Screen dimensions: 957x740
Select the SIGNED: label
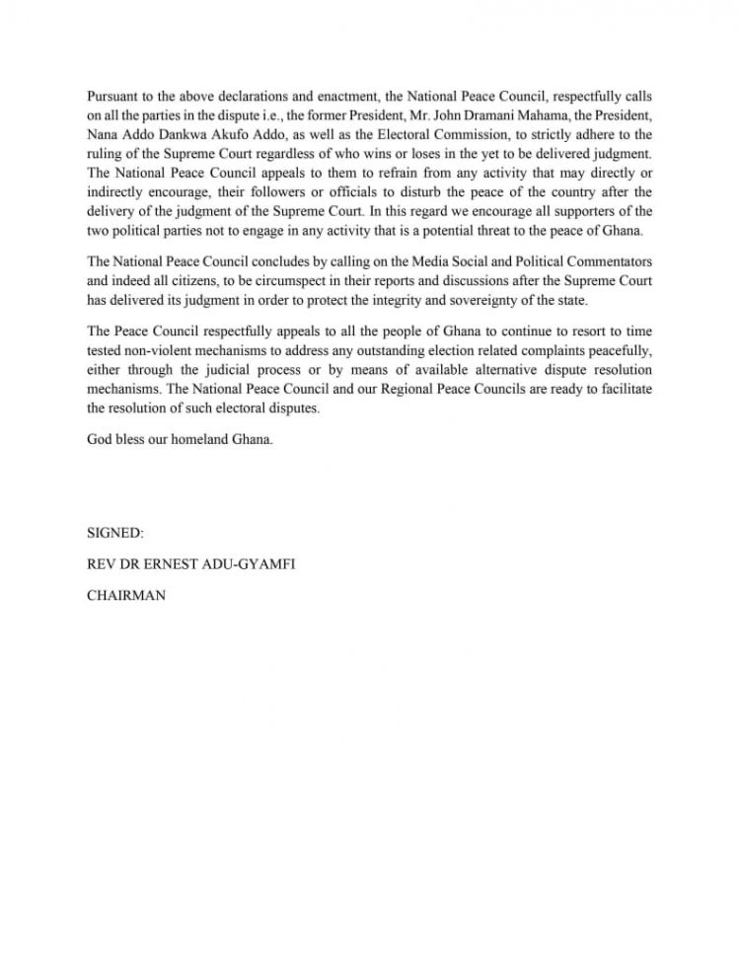(x=115, y=533)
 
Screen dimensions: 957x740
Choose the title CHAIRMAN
(x=126, y=596)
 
